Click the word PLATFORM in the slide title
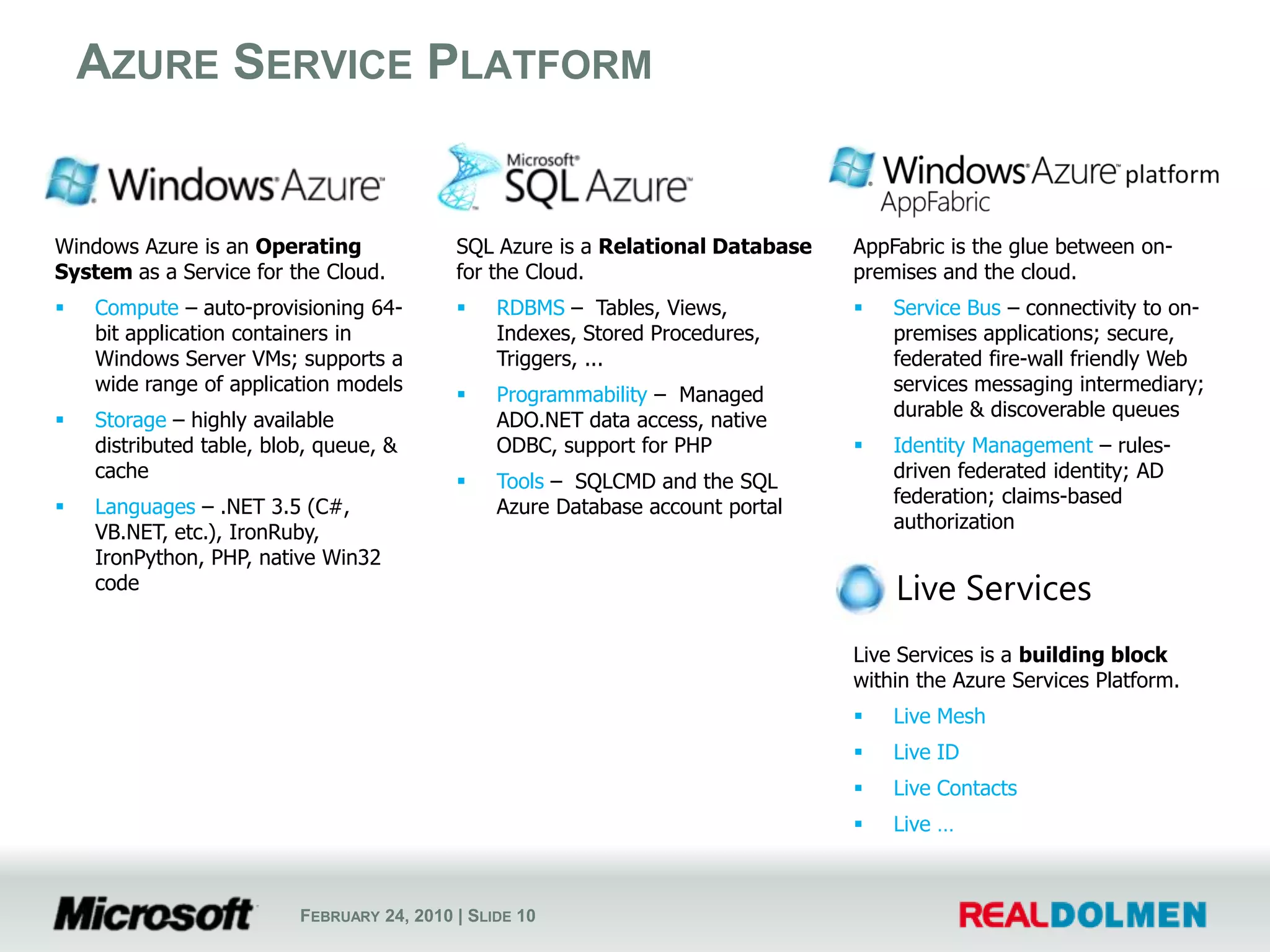(540, 63)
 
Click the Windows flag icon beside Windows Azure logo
(73, 181)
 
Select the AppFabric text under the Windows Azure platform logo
(935, 203)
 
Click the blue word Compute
(136, 308)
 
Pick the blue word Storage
(130, 420)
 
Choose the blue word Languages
(144, 507)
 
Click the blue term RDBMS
(530, 308)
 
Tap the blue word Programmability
(571, 395)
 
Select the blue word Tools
(520, 482)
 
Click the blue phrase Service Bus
(946, 308)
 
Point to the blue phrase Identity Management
(992, 446)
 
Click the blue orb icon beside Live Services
(860, 588)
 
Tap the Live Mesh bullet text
(939, 716)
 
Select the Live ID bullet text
(926, 752)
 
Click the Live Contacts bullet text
(954, 788)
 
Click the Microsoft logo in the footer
(154, 914)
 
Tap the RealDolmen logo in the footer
(1082, 915)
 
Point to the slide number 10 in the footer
(525, 916)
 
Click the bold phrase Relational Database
(704, 247)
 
